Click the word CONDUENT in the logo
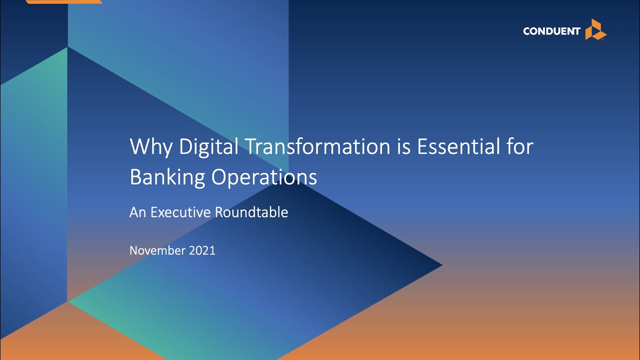[x=551, y=31]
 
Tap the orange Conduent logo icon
[x=595, y=29]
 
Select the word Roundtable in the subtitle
[x=251, y=212]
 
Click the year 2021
[x=202, y=250]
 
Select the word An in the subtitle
[x=137, y=212]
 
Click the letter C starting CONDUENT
[x=526, y=31]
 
